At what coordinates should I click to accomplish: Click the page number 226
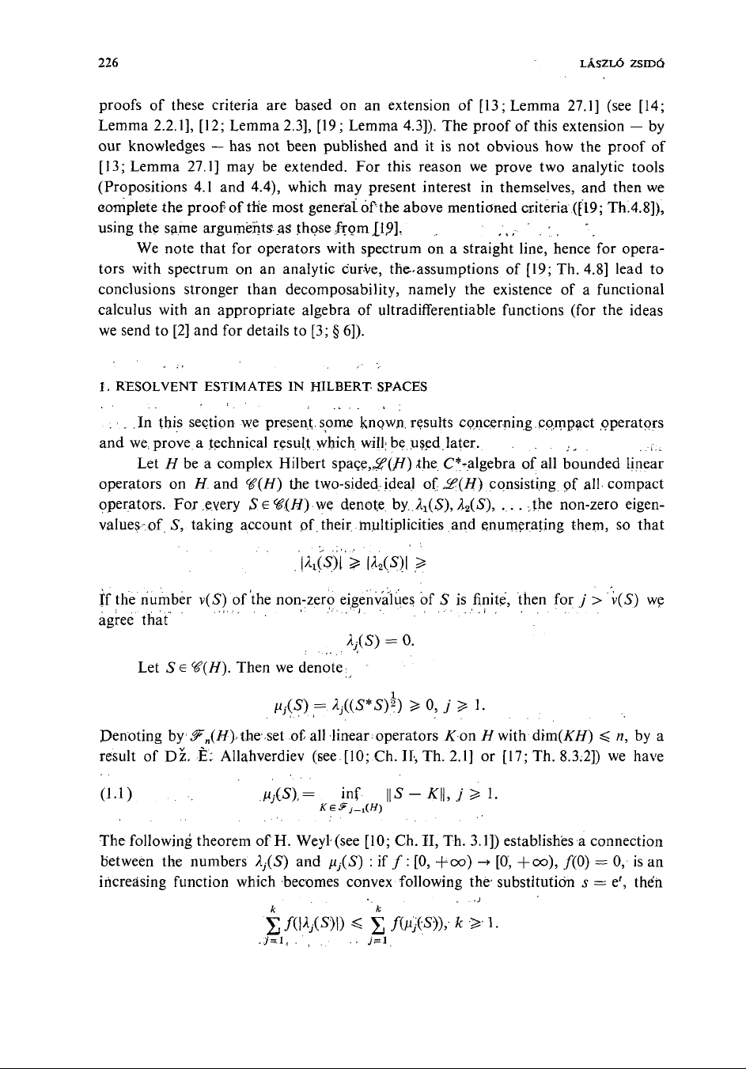pyautogui.click(x=110, y=63)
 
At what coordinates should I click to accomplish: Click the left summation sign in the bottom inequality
pyautogui.click(x=273, y=923)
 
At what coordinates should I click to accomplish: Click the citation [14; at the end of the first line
pyautogui.click(x=652, y=106)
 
